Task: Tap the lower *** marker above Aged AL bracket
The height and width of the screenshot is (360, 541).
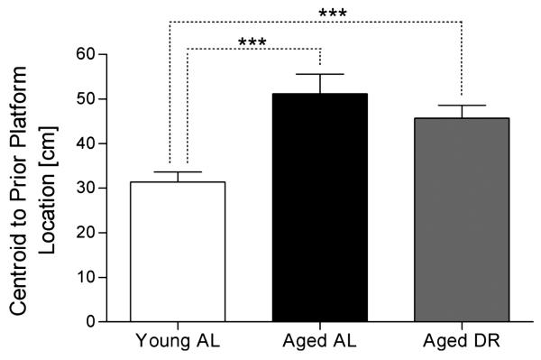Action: tap(253, 42)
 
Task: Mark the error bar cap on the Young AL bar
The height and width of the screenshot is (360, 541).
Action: tap(178, 171)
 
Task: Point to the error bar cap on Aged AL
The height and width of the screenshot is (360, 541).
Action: tap(319, 74)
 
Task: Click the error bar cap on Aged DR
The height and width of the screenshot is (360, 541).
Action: tap(461, 106)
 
